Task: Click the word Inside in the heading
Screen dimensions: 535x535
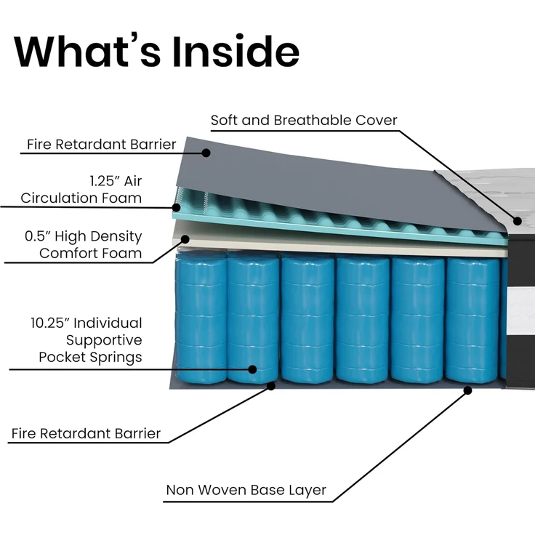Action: click(x=236, y=51)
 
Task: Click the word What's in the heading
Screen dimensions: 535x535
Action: click(x=87, y=51)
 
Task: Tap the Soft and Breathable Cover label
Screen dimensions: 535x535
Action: click(x=304, y=120)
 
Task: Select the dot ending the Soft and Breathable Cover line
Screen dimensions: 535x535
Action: click(x=518, y=221)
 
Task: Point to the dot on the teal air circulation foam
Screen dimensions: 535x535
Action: click(x=177, y=207)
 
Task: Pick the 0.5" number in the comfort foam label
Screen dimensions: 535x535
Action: click(x=38, y=236)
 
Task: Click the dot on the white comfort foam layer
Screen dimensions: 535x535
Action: click(x=185, y=239)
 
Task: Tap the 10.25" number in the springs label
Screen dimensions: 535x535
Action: click(x=50, y=323)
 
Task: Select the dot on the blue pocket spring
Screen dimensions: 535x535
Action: click(x=252, y=369)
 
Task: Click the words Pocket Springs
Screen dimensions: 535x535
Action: click(x=90, y=357)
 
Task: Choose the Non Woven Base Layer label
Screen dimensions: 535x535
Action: click(x=246, y=490)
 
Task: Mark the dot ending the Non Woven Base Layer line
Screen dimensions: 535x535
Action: click(x=468, y=390)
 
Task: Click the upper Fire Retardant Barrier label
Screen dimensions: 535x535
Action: click(x=101, y=145)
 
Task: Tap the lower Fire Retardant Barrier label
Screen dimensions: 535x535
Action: click(x=86, y=434)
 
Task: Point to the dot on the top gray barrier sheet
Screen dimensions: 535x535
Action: click(x=206, y=153)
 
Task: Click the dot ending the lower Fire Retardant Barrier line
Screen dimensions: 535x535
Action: click(x=271, y=386)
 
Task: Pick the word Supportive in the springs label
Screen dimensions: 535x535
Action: click(x=104, y=340)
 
